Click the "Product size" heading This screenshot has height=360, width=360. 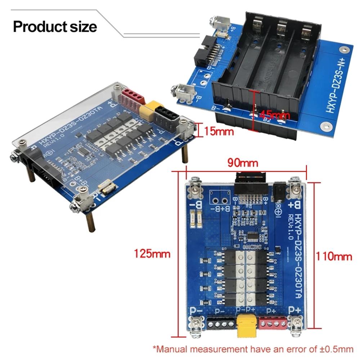click(x=55, y=27)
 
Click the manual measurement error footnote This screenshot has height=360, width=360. click(x=253, y=348)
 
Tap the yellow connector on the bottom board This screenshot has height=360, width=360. click(x=245, y=325)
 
